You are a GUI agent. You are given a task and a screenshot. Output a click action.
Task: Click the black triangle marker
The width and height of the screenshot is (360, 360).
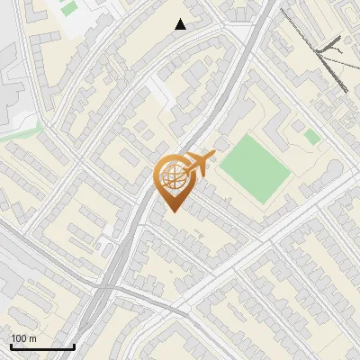tap(181, 24)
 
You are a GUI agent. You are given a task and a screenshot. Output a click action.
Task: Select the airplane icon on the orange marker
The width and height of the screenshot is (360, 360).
tap(199, 163)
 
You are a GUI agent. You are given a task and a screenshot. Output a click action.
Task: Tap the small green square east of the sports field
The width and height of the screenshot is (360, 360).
tap(311, 137)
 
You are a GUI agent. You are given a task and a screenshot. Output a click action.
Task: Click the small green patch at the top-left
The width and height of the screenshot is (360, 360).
tap(68, 9)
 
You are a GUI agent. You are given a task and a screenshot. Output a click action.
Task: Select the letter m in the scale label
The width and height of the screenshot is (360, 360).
tap(32, 338)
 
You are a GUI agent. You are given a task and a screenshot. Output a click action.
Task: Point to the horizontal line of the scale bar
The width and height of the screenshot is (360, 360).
tap(42, 347)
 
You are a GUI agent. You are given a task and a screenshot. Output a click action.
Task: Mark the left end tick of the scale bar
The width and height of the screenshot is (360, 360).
tap(11, 346)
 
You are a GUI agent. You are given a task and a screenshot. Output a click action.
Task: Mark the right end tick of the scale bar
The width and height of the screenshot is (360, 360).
tap(74, 346)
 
